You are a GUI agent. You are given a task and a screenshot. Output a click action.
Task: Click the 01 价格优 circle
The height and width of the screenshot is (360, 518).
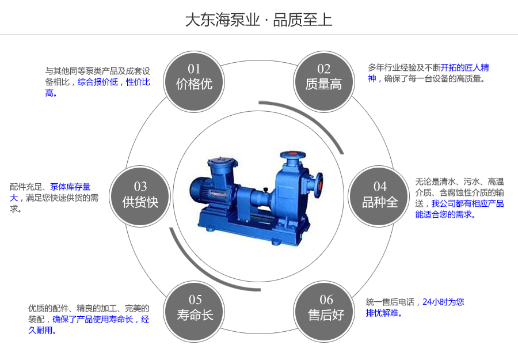(194, 77)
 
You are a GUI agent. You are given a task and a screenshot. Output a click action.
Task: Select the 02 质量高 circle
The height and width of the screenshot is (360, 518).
(323, 77)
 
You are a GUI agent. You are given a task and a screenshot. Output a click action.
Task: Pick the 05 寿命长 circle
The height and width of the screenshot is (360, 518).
(195, 308)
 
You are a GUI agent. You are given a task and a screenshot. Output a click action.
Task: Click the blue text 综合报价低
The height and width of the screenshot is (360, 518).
(97, 82)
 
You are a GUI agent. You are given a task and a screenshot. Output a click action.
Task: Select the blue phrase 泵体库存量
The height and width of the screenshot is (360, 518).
(70, 187)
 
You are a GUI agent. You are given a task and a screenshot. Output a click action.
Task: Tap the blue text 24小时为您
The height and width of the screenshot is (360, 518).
(443, 302)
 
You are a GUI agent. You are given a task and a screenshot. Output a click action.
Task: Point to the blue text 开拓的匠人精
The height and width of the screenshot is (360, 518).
(465, 67)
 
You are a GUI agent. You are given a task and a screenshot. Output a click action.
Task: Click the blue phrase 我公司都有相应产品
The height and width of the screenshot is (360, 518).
(467, 203)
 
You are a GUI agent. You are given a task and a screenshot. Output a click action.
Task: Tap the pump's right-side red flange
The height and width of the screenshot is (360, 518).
(319, 184)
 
